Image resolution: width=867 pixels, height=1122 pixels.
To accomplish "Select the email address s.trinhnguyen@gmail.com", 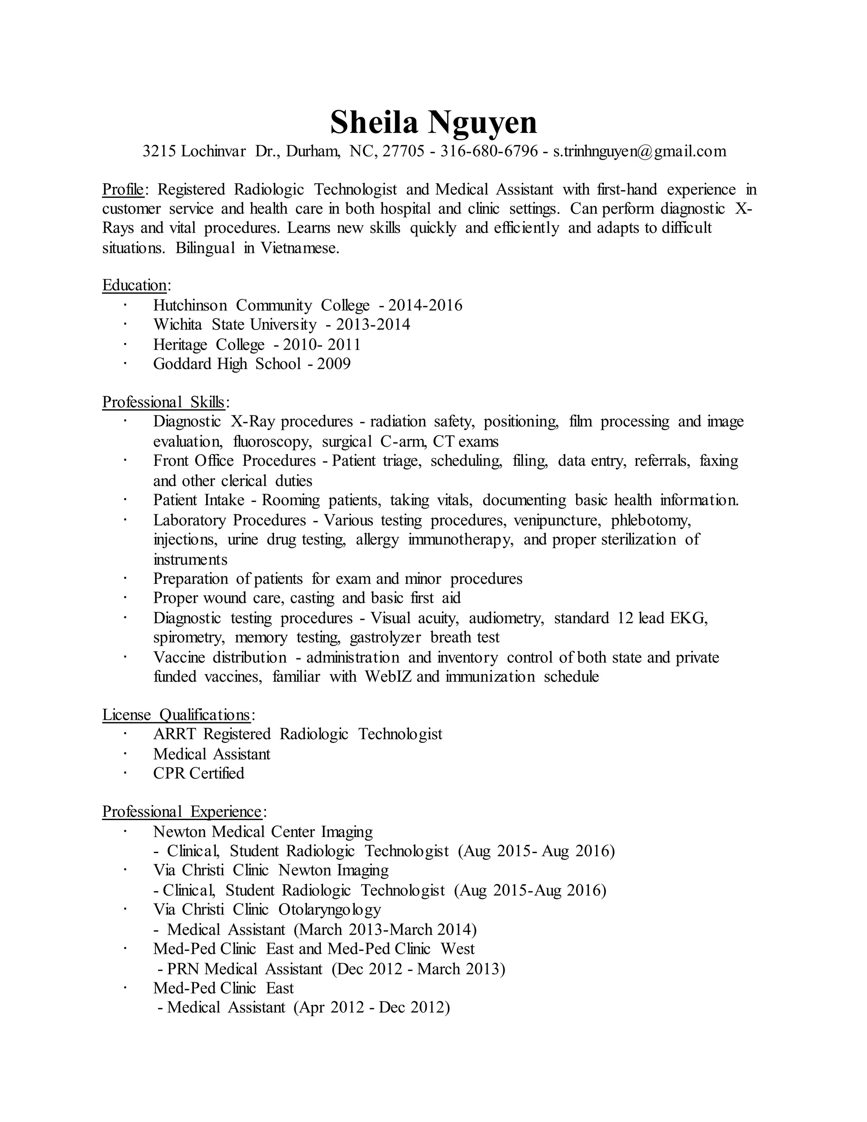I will (x=640, y=151).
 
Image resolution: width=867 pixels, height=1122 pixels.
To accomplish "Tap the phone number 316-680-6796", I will (x=489, y=151).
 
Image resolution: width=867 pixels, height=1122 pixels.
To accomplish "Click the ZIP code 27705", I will (x=404, y=151).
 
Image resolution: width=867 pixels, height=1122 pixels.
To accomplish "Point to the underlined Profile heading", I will (x=123, y=190).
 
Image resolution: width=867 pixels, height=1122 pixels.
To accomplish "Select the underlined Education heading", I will (x=135, y=285).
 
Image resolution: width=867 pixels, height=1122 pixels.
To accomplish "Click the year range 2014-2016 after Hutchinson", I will (x=425, y=305).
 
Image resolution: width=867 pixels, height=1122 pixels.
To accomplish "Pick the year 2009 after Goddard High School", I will (x=334, y=364).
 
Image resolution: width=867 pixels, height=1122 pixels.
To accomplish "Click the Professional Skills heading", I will (x=163, y=402).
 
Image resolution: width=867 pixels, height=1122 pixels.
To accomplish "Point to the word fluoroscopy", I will (x=272, y=441).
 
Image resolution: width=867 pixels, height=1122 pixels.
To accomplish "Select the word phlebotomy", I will (x=651, y=520).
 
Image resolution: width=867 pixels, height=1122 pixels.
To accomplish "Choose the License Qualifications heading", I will (x=176, y=715).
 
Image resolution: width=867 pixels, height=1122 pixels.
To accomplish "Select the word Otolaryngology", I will (x=330, y=910).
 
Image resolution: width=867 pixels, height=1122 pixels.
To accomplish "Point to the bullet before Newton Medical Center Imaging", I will (x=124, y=831).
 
